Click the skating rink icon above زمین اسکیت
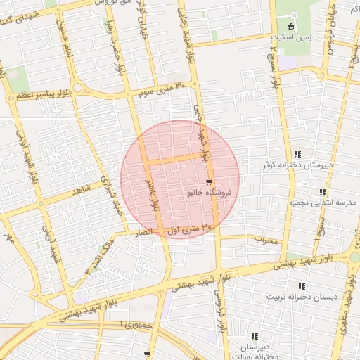(x=292, y=26)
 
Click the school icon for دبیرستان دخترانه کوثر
(x=298, y=154)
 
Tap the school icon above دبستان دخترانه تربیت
(x=302, y=286)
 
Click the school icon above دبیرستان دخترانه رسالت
(x=255, y=337)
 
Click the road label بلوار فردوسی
(x=219, y=313)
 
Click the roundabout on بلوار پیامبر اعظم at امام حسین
(x=77, y=88)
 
